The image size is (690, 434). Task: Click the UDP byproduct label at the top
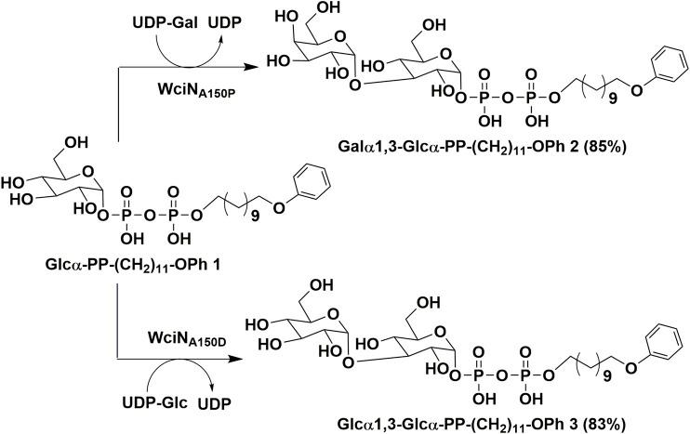point(224,16)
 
